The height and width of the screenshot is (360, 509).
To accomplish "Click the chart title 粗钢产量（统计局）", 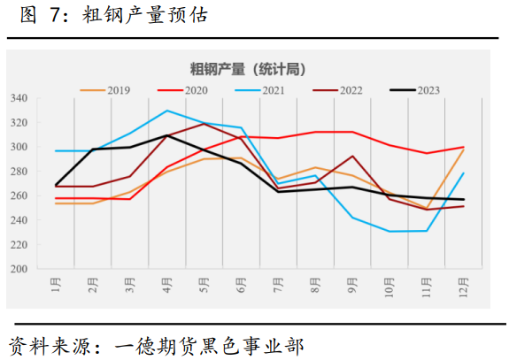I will tap(248, 68).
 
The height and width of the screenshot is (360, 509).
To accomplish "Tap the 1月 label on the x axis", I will tap(57, 287).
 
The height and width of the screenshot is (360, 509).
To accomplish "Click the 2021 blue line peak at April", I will tap(167, 111).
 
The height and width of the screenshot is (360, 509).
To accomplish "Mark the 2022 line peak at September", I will tap(352, 157).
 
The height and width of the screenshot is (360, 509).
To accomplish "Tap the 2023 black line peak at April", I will tap(167, 135).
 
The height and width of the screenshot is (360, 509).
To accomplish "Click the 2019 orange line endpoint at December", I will tap(463, 150).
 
